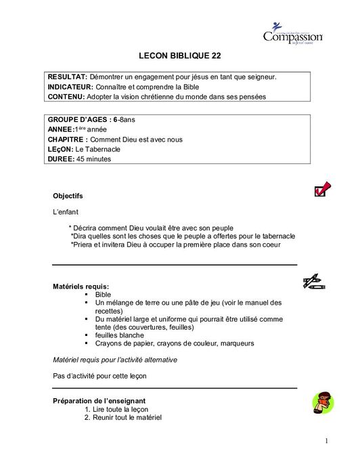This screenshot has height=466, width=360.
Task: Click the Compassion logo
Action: [292, 32]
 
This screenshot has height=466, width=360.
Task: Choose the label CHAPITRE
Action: [67, 140]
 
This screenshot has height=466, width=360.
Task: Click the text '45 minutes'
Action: [94, 159]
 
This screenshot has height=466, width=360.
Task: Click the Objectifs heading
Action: [68, 196]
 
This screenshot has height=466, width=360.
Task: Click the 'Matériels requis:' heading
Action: [81, 287]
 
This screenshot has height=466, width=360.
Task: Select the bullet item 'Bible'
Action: [103, 295]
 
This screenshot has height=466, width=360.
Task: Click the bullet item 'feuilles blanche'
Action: [119, 335]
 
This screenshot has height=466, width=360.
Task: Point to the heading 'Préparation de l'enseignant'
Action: [99, 401]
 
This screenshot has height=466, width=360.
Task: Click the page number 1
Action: [325, 442]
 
